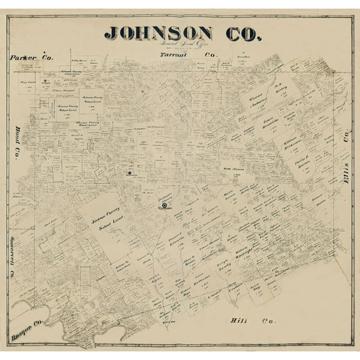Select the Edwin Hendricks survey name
[269, 122]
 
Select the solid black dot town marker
[129, 172]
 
